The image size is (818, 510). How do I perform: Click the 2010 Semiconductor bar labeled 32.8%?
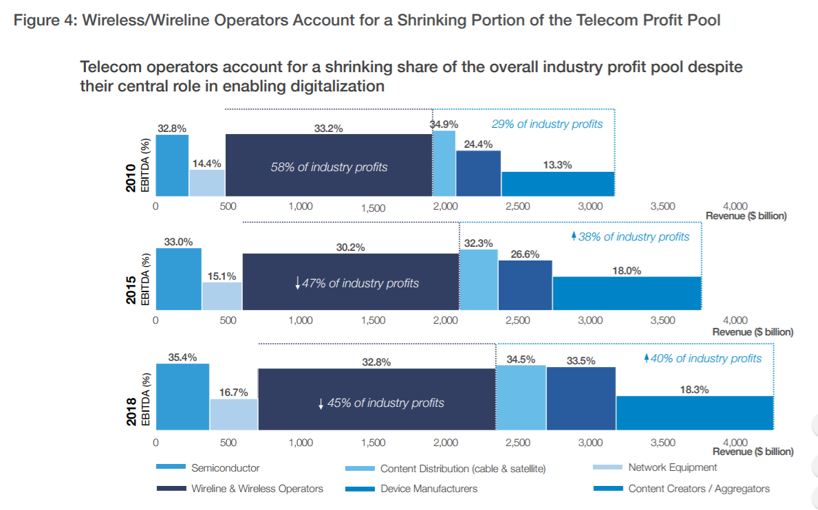(x=172, y=166)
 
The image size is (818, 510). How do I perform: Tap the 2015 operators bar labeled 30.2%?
(x=350, y=282)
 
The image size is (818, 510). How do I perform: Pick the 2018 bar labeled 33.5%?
(x=581, y=399)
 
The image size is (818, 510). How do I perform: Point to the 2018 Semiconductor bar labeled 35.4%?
(x=182, y=397)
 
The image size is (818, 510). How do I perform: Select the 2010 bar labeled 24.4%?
(x=478, y=174)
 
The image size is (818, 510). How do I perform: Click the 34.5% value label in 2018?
(x=521, y=359)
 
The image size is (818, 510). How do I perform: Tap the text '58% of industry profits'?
(x=329, y=167)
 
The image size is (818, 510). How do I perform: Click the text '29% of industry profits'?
(x=547, y=124)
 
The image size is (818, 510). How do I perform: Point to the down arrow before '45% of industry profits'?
(x=321, y=403)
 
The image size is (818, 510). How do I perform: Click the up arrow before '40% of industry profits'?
(x=647, y=358)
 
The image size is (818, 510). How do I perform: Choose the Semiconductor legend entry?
(x=225, y=468)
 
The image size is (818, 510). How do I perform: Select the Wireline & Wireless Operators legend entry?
(x=257, y=489)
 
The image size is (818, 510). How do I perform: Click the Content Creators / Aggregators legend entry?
(x=698, y=489)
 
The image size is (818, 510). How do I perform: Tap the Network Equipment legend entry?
(x=672, y=468)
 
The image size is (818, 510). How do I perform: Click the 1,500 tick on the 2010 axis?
(x=373, y=208)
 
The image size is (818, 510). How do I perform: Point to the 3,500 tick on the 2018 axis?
(x=663, y=443)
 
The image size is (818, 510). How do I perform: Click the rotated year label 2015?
(x=131, y=290)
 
